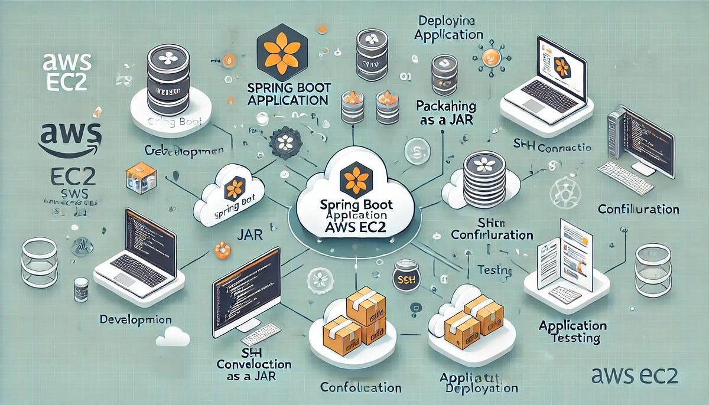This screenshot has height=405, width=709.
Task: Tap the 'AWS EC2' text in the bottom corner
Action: pos(635,374)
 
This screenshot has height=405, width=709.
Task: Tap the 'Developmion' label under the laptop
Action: pos(136,319)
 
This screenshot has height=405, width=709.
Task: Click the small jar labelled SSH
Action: pos(405,275)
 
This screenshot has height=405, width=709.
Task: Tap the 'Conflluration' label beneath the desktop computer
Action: pos(638,210)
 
